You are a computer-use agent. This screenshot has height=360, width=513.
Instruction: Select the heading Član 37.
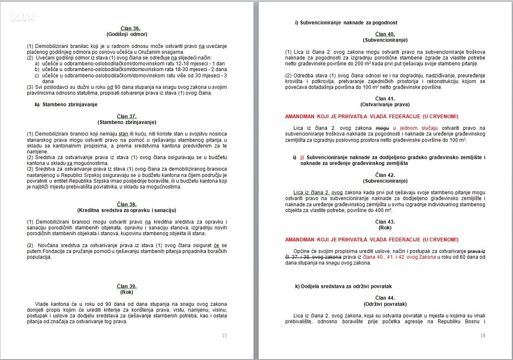127,116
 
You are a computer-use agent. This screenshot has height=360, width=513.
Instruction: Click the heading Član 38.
127,204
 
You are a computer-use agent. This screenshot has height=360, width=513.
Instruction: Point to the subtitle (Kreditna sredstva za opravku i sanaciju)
127,210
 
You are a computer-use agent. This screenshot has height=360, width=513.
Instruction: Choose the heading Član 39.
127,286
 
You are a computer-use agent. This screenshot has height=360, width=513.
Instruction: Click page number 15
224,336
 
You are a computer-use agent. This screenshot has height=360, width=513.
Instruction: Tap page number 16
483,336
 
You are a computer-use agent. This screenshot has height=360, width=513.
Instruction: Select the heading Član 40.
385,34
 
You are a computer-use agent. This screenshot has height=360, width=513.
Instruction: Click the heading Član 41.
385,99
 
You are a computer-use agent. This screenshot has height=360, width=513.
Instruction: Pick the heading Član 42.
385,175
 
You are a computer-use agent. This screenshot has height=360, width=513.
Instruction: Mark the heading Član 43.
385,221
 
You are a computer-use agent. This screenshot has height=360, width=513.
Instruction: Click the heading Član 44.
385,298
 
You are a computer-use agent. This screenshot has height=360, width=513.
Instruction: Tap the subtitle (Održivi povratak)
385,304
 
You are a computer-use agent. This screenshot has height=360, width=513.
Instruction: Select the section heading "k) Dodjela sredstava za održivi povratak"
343,286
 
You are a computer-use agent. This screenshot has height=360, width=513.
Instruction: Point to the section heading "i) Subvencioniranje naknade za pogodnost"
346,22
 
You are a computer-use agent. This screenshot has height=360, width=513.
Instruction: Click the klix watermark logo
23,17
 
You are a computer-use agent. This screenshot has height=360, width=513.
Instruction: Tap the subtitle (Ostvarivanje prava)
385,104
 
